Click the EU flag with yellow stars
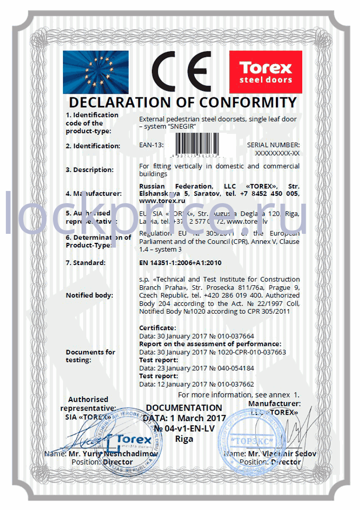pos(95,71)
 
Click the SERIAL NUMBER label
pos(273,144)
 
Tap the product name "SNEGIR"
pos(183,127)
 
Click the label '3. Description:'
pos(89,170)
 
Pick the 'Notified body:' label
pos(89,295)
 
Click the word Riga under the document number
pos(184,439)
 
